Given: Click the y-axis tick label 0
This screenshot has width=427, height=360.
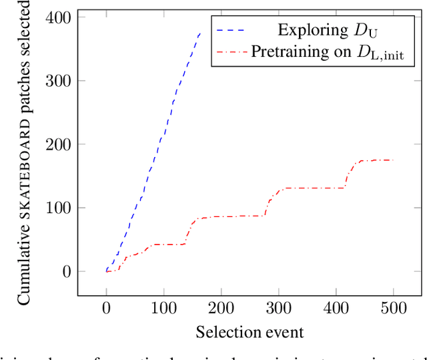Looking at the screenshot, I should tap(65, 271).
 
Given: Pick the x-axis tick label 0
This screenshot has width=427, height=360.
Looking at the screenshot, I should tap(107, 309).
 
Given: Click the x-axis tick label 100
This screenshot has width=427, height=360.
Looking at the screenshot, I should tap(163, 309).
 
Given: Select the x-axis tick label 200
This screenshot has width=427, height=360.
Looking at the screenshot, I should tap(220, 309).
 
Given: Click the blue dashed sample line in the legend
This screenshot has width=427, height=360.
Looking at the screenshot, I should tap(231, 29).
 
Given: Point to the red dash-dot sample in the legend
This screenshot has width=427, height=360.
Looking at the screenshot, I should tap(231, 51).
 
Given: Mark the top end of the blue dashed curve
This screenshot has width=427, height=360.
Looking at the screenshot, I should tap(199, 32).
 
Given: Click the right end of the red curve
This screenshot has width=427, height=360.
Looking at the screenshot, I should tap(394, 160).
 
